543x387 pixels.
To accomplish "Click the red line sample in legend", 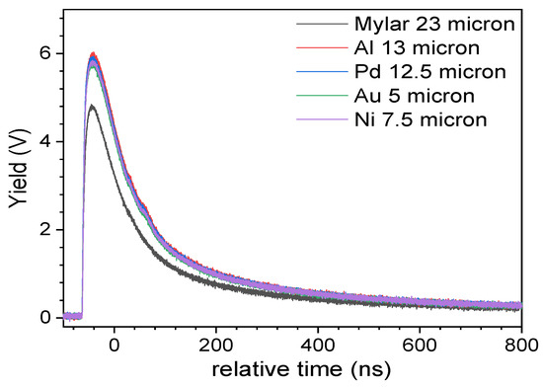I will pos(314,46).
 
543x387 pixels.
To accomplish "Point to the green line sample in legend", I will pos(314,96).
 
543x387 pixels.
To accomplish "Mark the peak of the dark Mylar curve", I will pos(91,106).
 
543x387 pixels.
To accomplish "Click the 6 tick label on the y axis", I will pos(43,53).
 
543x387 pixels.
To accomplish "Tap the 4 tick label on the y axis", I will pos(43,141).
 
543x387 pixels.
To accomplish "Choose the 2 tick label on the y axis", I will pos(43,229).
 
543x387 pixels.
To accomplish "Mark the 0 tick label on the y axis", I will pos(43,317).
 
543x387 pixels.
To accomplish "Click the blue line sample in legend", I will pos(314,71).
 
